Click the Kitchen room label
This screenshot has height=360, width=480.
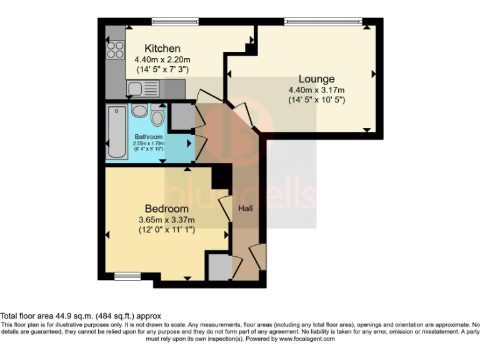pos(162,48)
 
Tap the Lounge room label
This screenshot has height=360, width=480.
pos(316,79)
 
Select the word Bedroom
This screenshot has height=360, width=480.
pos(166,208)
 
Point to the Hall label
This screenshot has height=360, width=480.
pos(246,208)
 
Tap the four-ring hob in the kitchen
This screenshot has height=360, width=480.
pos(115,49)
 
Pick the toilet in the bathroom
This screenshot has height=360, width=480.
pos(157,116)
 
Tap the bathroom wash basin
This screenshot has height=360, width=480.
pos(139,111)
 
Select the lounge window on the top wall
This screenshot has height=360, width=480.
pos(322,22)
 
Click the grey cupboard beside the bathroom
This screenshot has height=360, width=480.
pos(182,116)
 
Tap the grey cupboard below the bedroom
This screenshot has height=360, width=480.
pos(219,267)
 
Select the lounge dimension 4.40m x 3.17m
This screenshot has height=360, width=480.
pos(316,90)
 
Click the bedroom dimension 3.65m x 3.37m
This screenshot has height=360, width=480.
pos(167,219)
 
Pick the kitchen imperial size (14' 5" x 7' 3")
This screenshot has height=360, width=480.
pos(162,69)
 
